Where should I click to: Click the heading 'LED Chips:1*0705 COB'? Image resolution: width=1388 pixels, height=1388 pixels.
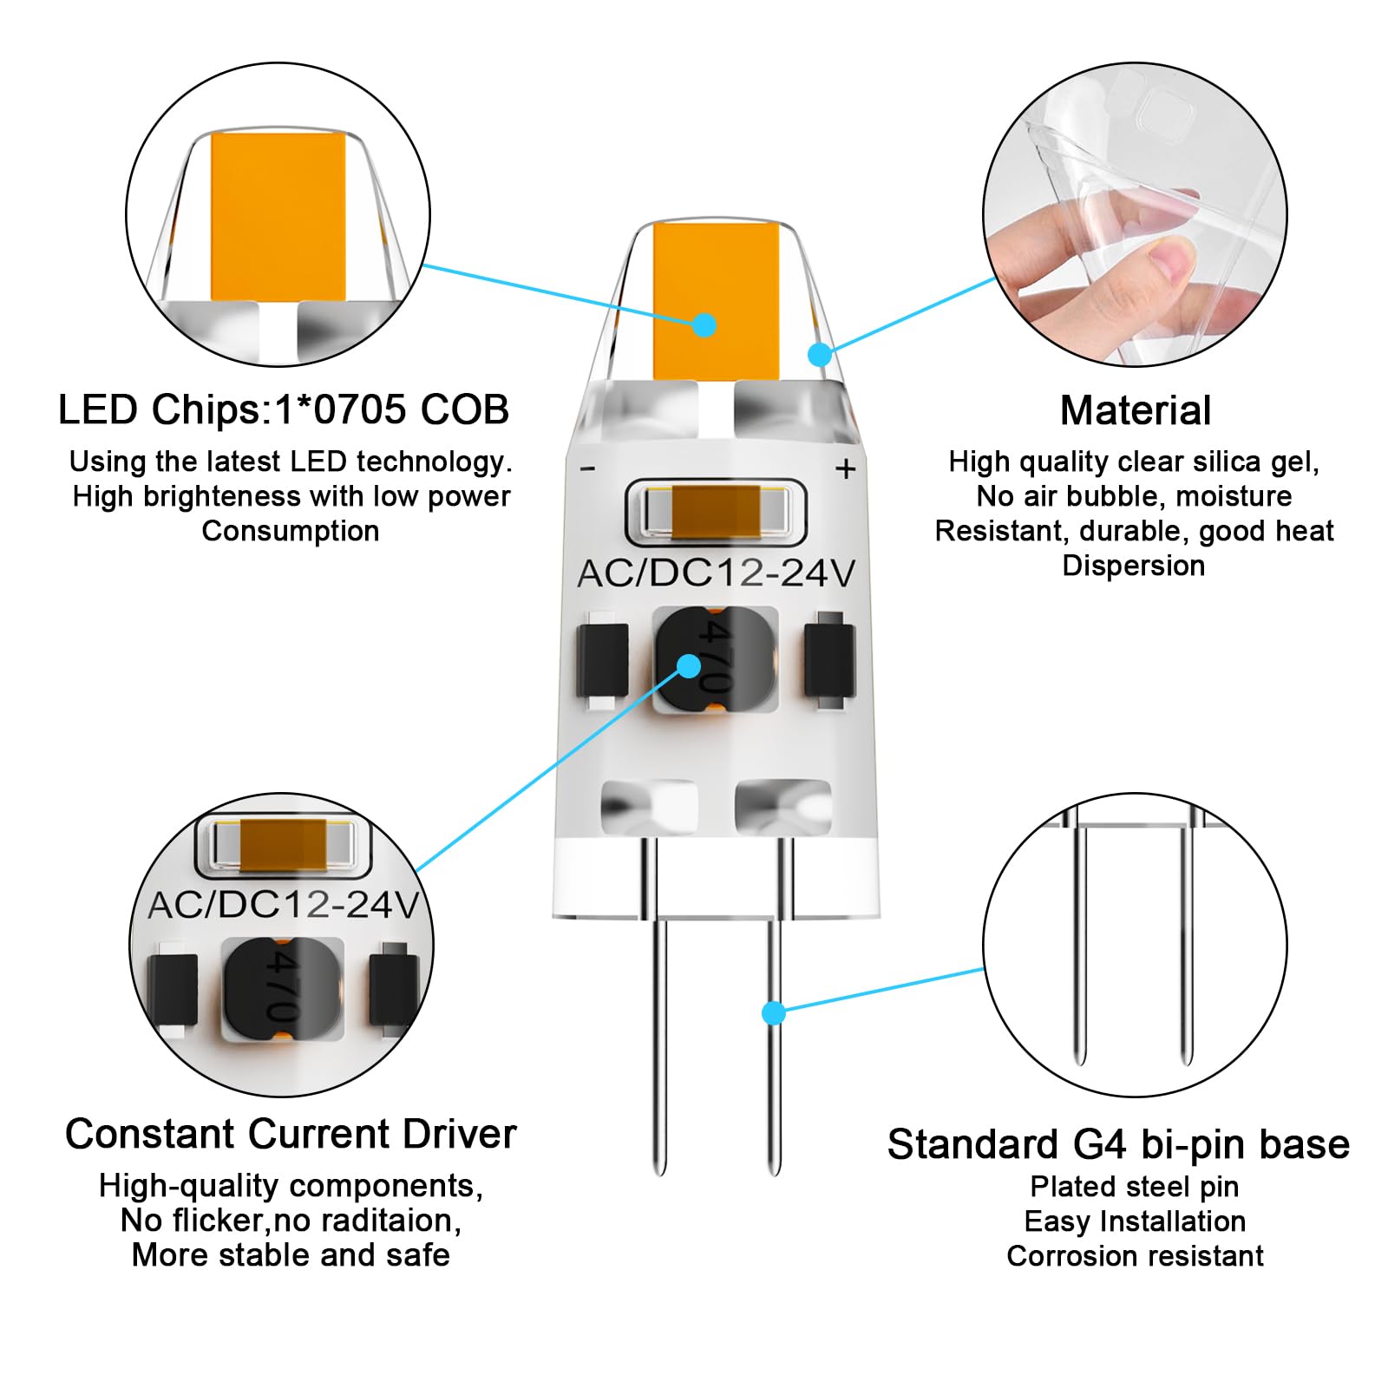[x=283, y=409]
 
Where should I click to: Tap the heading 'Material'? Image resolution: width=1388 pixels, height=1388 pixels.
[x=1135, y=410]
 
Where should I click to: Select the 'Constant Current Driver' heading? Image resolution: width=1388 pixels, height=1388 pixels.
[x=290, y=1134]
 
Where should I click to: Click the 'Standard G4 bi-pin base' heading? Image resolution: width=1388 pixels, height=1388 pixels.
[x=1118, y=1144]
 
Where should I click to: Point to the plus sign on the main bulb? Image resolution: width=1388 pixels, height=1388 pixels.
[x=845, y=469]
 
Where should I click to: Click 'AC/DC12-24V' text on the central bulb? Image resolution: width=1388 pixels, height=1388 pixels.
[x=716, y=573]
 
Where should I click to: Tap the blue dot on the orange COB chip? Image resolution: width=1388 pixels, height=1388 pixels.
[x=704, y=325]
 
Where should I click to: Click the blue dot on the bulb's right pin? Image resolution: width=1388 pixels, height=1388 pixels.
[x=774, y=1012]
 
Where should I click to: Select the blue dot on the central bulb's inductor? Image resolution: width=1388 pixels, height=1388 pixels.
[x=689, y=666]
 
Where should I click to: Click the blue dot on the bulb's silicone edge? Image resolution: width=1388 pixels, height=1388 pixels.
[x=820, y=354]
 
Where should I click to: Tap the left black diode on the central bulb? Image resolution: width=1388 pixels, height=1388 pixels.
[x=602, y=661]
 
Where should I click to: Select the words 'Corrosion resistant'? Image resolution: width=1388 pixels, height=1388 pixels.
[x=1135, y=1255]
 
